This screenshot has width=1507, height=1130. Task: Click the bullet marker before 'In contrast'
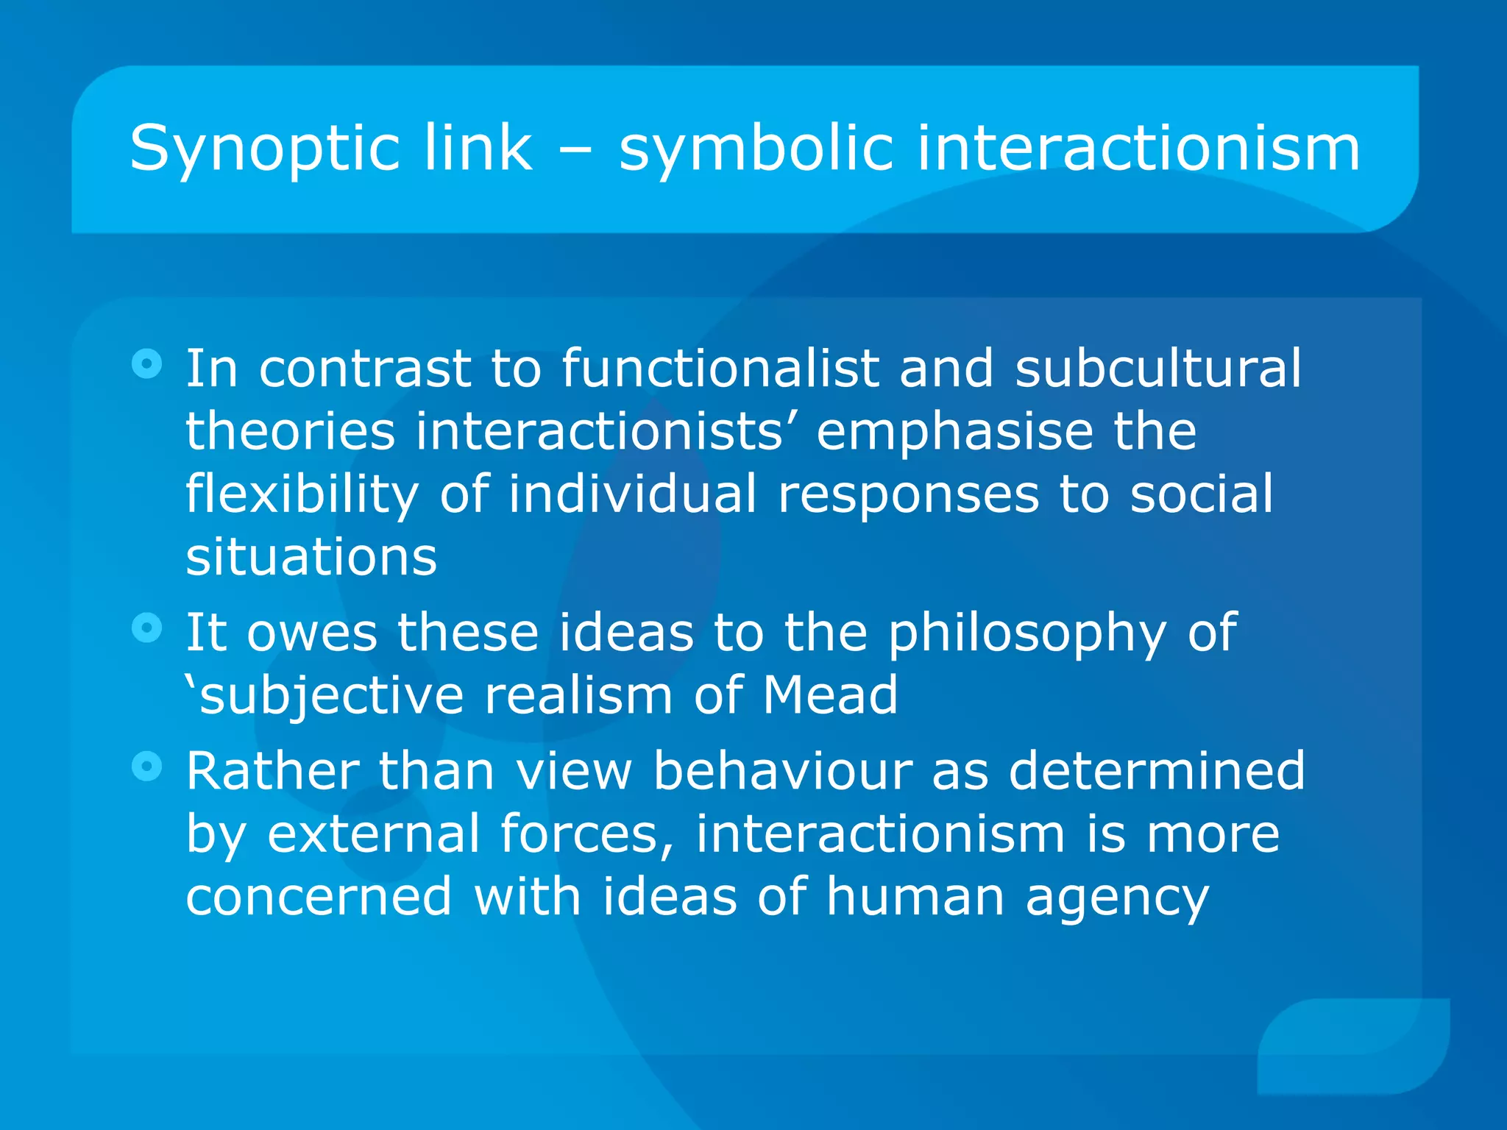146,363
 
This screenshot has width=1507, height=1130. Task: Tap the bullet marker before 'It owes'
146,628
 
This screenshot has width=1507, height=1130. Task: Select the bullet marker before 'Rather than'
146,767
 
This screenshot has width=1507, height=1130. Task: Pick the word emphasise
954,432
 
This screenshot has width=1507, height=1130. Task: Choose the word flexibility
302,495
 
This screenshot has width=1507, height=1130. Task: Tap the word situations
311,557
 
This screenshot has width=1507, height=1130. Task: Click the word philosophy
1026,634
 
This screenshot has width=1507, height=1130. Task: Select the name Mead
829,695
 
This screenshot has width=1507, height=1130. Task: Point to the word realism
578,695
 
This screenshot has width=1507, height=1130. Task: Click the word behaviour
782,771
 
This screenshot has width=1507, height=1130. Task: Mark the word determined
1156,771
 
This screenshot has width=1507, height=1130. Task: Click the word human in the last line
915,898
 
